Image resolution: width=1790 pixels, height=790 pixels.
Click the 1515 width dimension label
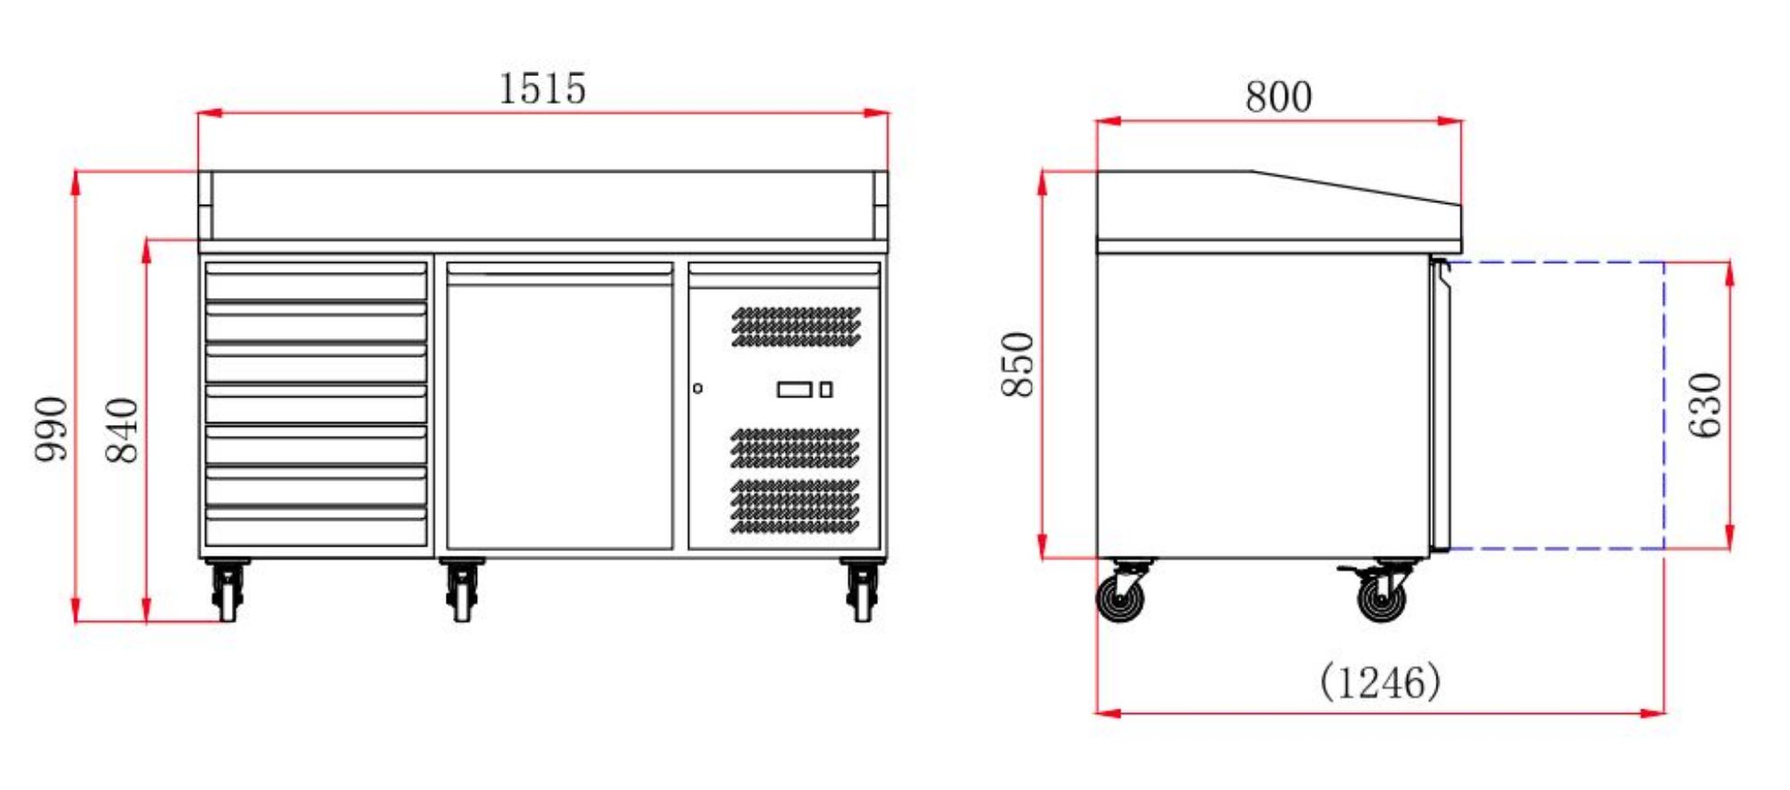click(x=541, y=89)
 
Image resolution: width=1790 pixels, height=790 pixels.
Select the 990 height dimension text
click(x=51, y=429)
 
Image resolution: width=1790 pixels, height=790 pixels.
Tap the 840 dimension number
click(x=123, y=429)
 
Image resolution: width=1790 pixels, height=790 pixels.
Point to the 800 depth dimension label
click(x=1278, y=97)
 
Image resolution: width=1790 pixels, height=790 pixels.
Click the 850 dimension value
click(x=1018, y=364)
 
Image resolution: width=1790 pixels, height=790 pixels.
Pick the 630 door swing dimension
click(x=1705, y=405)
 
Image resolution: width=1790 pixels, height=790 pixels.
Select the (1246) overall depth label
click(x=1380, y=683)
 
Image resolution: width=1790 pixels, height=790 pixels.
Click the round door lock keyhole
click(x=697, y=388)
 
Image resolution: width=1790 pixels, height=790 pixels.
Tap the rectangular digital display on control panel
click(x=794, y=389)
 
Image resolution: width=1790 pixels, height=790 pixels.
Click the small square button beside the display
click(x=826, y=389)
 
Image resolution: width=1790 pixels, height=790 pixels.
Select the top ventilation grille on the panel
click(x=796, y=327)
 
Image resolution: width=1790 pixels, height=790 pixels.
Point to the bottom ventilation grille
click(x=795, y=506)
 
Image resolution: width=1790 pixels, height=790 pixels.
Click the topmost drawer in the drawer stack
click(x=316, y=282)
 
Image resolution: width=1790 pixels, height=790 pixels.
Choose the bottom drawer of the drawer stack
click(x=316, y=527)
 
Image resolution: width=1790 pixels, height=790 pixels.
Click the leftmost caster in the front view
click(x=227, y=590)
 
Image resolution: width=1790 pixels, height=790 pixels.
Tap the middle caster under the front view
click(x=462, y=590)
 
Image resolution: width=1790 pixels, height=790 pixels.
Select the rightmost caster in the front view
click(x=862, y=590)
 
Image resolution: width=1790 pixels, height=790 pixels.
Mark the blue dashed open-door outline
click(x=1663, y=405)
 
